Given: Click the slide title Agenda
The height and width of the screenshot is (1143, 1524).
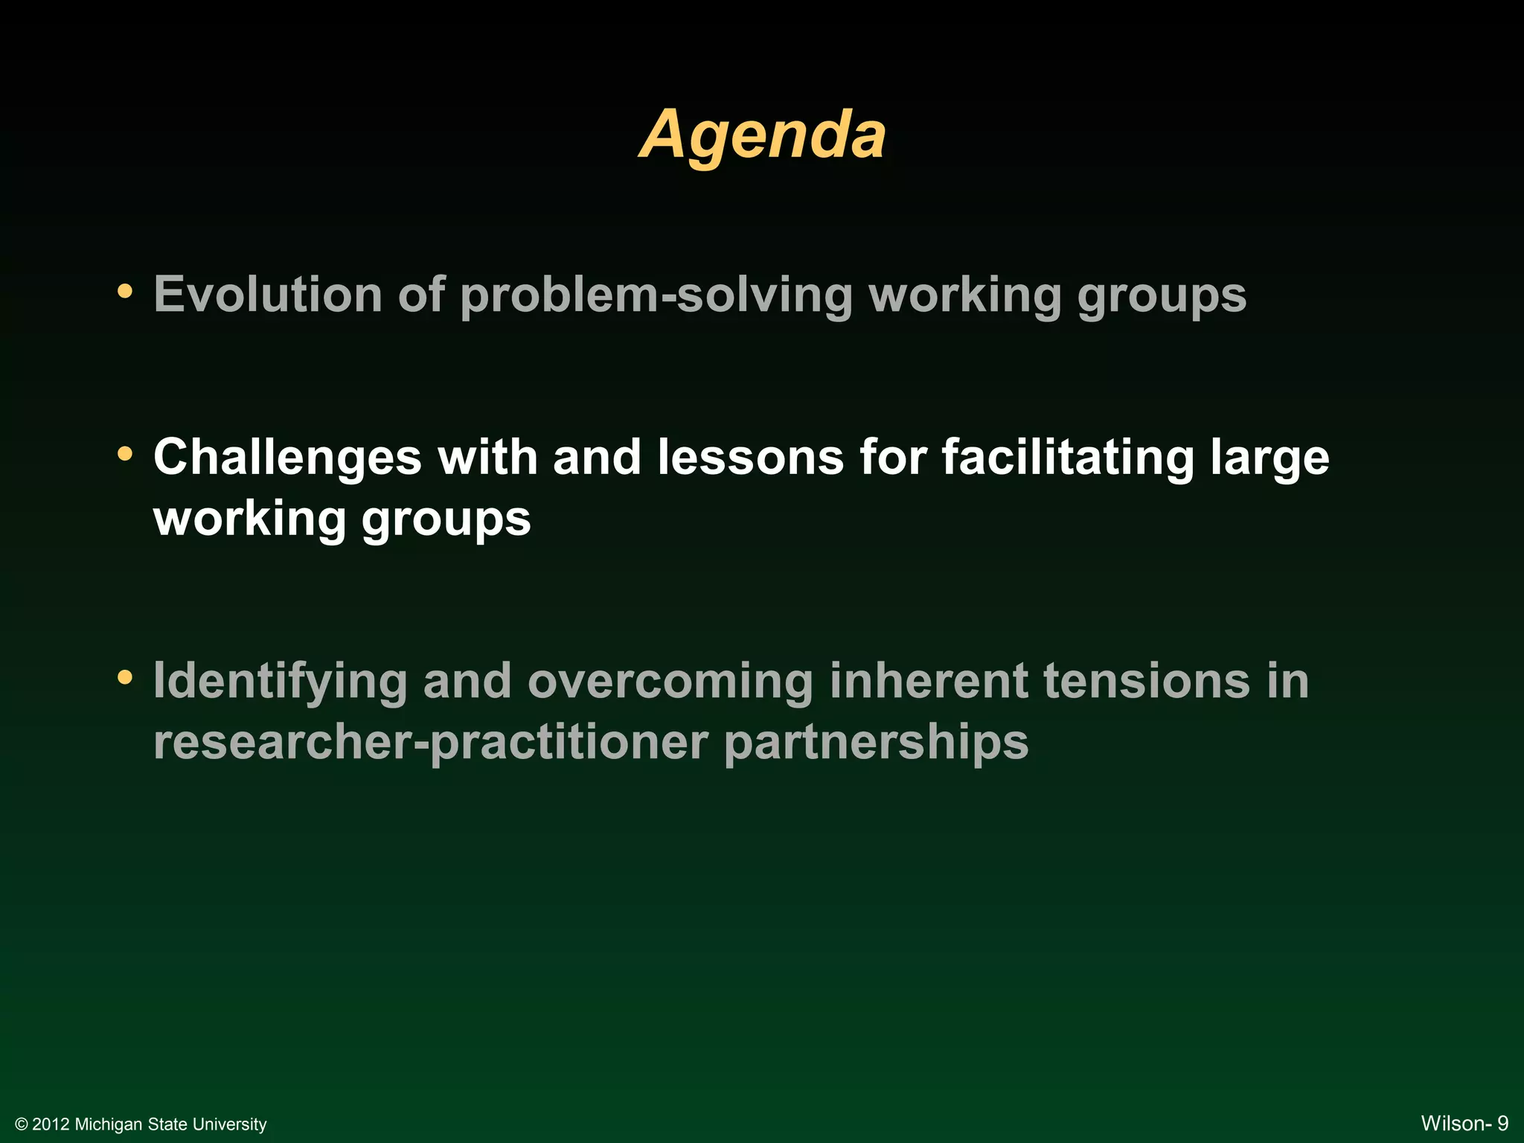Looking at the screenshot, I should click(x=763, y=135).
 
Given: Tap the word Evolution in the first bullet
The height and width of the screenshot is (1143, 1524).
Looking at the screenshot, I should click(x=267, y=295).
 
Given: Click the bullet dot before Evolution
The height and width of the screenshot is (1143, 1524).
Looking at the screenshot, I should click(x=126, y=291).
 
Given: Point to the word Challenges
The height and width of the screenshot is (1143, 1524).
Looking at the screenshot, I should click(x=287, y=457).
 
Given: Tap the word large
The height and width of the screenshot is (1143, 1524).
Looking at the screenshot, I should click(x=1270, y=458).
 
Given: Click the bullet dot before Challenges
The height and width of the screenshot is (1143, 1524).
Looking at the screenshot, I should click(x=126, y=452).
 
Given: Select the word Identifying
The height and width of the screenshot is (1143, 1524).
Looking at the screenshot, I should click(x=280, y=682).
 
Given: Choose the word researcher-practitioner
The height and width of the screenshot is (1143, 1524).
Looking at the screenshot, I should click(x=430, y=743).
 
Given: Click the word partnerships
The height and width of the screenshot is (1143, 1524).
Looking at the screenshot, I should click(x=876, y=743).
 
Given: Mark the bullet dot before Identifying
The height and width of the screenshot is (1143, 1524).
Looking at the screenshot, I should click(x=126, y=677).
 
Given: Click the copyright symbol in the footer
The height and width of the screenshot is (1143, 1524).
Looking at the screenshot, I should click(x=22, y=1124).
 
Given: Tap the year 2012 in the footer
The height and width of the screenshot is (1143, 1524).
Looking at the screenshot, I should click(x=51, y=1124).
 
